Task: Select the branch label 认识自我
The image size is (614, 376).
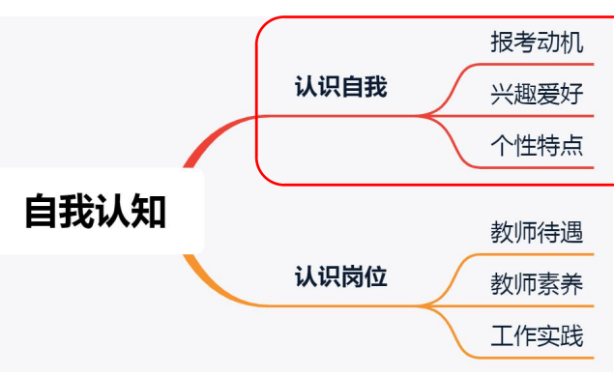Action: (340, 88)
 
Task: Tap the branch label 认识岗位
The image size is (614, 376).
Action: (340, 278)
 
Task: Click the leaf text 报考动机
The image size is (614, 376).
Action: (537, 43)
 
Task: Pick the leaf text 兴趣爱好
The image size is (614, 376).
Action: (537, 95)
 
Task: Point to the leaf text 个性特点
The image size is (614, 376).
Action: (537, 146)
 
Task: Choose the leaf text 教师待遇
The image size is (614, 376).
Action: (537, 233)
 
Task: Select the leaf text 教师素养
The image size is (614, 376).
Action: (537, 284)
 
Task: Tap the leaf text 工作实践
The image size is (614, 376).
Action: (537, 335)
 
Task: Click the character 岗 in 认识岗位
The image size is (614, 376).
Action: (352, 278)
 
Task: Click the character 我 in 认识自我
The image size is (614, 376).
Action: (375, 88)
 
